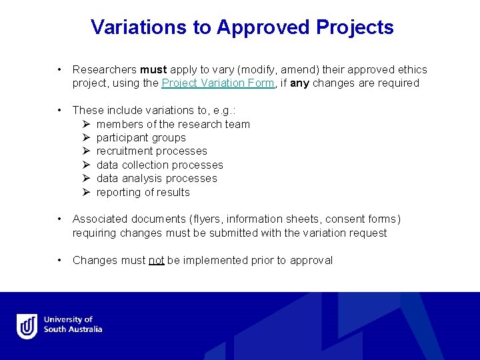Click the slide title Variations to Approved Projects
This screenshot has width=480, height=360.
tap(242, 27)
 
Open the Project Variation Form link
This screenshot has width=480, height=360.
tap(218, 83)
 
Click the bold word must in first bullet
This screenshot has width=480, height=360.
tap(153, 69)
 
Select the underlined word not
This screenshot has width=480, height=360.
tap(157, 260)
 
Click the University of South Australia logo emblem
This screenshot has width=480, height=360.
tap(27, 326)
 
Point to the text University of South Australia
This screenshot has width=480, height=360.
tap(73, 325)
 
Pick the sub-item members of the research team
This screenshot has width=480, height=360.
tap(173, 124)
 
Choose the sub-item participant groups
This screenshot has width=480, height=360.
tap(141, 138)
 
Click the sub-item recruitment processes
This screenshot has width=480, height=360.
tap(151, 151)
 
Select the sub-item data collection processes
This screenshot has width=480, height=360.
tap(159, 165)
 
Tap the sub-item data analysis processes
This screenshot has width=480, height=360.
tap(157, 179)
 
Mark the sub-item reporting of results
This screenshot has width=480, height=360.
tap(143, 192)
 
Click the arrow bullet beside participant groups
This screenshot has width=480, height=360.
tap(86, 138)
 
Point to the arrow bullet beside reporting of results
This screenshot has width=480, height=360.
tap(86, 192)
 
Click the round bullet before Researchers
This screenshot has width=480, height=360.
tap(60, 69)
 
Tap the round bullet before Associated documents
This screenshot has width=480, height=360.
tap(60, 219)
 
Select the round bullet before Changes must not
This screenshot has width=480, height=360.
tap(60, 260)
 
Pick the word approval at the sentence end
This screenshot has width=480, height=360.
tap(311, 260)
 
